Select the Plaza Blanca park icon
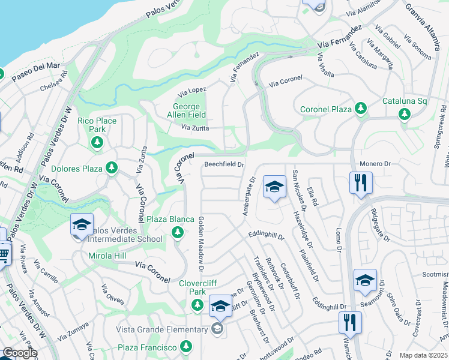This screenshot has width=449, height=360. (x=177, y=232)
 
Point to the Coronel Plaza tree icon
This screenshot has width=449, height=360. (x=360, y=109)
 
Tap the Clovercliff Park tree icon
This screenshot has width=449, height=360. (x=197, y=305)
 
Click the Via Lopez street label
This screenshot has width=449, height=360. (x=193, y=91)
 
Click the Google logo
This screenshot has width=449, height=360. (x=20, y=353)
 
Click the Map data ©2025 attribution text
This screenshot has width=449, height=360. (x=423, y=355)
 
